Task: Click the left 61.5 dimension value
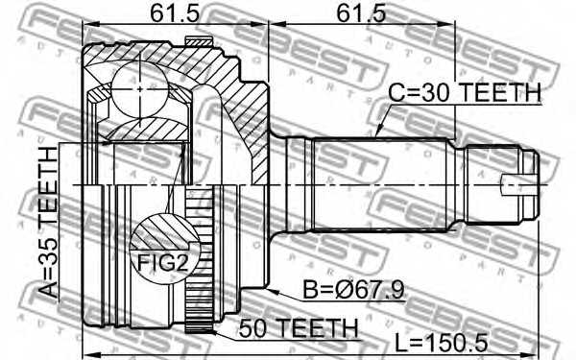[175, 13]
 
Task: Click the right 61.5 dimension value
[361, 13]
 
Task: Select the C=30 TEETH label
[465, 92]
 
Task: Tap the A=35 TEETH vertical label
[49, 223]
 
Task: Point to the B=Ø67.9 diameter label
[353, 290]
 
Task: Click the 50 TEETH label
[299, 328]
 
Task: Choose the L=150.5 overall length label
[442, 343]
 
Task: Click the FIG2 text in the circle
[163, 263]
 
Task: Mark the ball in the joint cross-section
[140, 89]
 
